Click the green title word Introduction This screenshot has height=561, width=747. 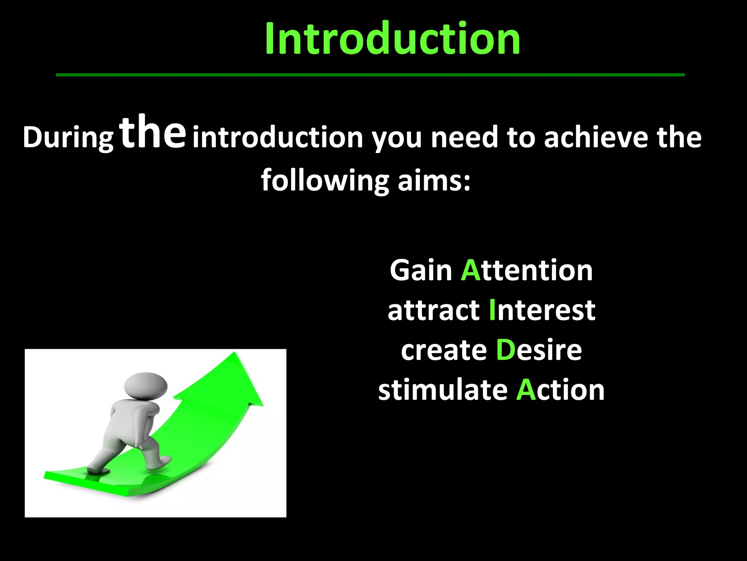tap(392, 38)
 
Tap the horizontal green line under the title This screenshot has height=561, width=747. tap(370, 75)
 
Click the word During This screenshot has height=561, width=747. tap(68, 138)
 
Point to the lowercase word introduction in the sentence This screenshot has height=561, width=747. tap(278, 138)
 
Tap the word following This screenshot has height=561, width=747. tap(325, 181)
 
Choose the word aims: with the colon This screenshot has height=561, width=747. tap(434, 181)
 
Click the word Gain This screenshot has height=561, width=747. tap(421, 270)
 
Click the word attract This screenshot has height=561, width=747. tap(433, 310)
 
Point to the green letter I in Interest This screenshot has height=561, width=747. tap(492, 310)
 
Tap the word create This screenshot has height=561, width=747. tap(444, 350)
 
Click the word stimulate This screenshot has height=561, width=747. tap(443, 390)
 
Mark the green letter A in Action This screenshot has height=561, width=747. tap(526, 390)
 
